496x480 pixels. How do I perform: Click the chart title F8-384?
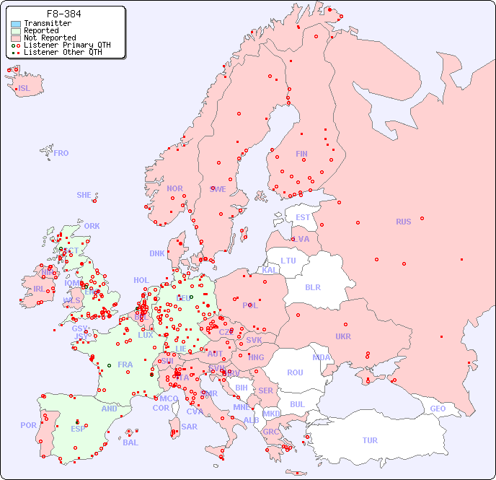click(63, 14)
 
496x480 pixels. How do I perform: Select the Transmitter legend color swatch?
click(16, 24)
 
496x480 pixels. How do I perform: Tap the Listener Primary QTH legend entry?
click(61, 45)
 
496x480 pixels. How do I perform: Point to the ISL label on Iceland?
click(25, 89)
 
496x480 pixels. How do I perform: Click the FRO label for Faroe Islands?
click(61, 153)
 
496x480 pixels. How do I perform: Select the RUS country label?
click(403, 222)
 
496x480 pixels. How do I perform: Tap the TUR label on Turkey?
click(370, 440)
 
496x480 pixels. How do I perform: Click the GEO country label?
click(438, 409)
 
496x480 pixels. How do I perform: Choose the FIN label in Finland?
click(301, 154)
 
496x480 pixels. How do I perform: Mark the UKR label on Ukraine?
click(343, 336)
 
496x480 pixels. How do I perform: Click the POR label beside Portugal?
click(28, 425)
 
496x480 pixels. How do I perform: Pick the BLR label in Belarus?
click(313, 287)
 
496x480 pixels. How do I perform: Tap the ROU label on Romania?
click(295, 372)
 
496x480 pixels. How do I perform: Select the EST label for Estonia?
click(303, 217)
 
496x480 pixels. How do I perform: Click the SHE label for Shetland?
click(84, 195)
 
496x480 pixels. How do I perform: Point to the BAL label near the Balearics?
click(130, 442)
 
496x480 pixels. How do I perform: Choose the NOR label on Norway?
click(174, 188)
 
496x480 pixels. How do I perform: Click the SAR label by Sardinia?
click(189, 427)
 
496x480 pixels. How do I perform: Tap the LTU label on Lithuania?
click(288, 261)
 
